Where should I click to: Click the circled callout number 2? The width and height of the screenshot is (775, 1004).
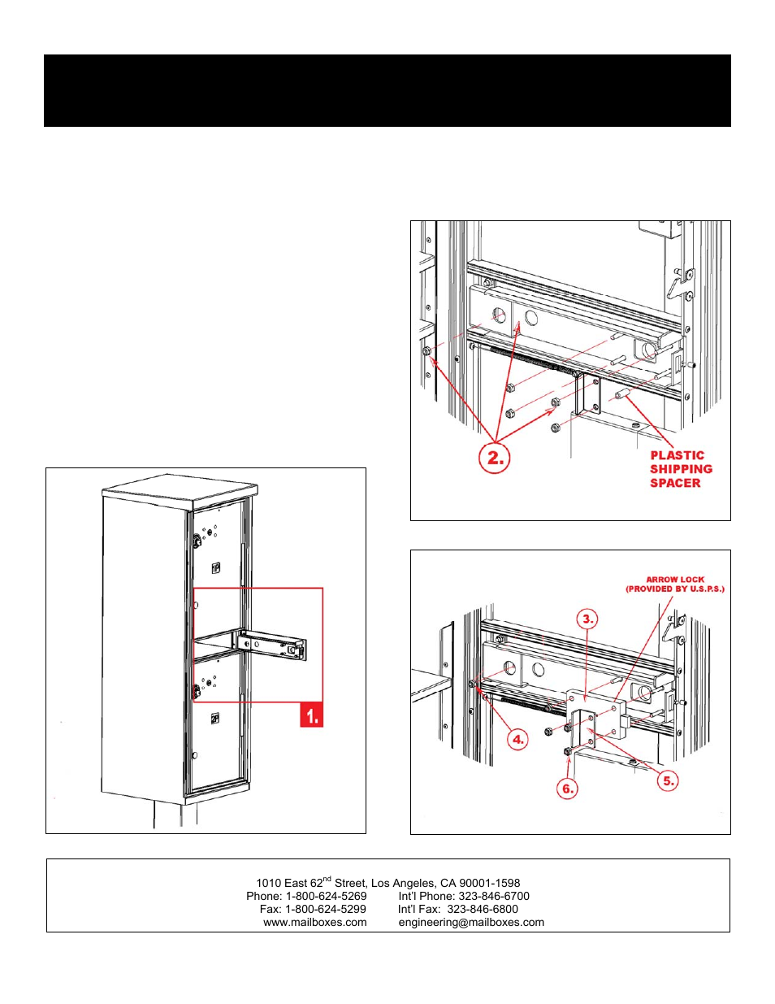(x=495, y=458)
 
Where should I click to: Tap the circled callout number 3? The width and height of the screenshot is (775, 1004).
(x=588, y=619)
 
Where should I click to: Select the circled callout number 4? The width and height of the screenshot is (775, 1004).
(x=517, y=739)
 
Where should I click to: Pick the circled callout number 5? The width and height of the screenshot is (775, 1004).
(x=668, y=780)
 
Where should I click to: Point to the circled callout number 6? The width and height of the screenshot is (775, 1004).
(x=567, y=788)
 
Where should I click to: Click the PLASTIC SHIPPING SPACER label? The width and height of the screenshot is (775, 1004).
(x=680, y=469)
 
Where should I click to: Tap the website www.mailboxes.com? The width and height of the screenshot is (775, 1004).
(x=314, y=922)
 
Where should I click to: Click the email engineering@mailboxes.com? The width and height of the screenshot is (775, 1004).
(x=471, y=922)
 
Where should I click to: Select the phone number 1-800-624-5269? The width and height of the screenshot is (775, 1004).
(x=326, y=896)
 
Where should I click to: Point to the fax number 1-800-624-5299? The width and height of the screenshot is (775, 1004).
(x=325, y=909)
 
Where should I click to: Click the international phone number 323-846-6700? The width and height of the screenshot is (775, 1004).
(x=494, y=896)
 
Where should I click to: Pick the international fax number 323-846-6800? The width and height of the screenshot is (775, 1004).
(x=483, y=909)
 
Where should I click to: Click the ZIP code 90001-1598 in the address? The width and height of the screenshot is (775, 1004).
(x=490, y=883)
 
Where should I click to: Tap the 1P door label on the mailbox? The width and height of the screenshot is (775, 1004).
(x=215, y=568)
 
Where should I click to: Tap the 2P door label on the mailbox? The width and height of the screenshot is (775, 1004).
(x=214, y=719)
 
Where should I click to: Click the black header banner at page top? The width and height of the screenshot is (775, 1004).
(x=387, y=90)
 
